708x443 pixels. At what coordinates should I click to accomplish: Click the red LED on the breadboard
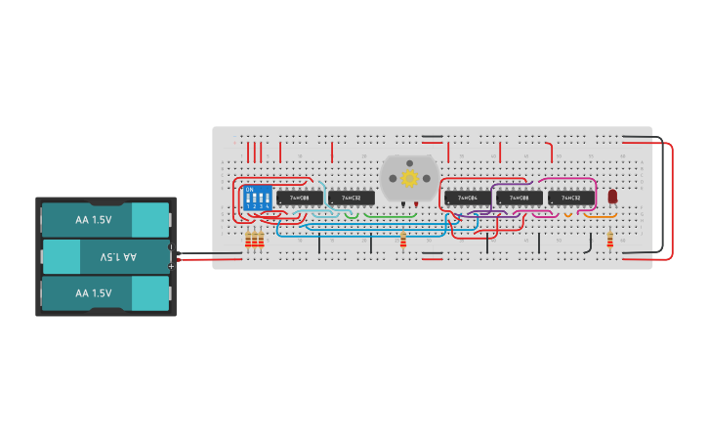pos(613,197)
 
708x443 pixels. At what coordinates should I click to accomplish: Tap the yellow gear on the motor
pos(409,178)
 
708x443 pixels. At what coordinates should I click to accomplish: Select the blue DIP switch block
pos(258,198)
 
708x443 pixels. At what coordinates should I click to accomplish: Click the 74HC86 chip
pos(468,198)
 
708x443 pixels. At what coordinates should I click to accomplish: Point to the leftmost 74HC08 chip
pos(299,198)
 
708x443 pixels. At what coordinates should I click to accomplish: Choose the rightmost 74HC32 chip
pos(571,198)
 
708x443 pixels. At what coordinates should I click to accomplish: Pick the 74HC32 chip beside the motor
pos(352,198)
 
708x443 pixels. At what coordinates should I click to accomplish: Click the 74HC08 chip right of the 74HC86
pos(520,198)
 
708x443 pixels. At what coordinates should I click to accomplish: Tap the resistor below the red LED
pos(610,240)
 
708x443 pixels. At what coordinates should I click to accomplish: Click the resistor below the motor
pos(403,240)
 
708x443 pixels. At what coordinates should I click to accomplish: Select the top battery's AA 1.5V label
pos(94,220)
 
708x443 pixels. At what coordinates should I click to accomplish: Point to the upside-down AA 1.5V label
pos(118,256)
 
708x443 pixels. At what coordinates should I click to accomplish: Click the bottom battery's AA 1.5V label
pos(94,293)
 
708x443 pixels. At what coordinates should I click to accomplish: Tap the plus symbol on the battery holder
pos(172,265)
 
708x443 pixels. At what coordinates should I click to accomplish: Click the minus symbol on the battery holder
pos(172,247)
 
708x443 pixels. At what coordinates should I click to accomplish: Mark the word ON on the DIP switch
pos(250,189)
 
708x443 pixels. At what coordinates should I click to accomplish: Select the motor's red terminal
pos(416,204)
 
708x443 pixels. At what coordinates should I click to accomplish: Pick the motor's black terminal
pos(402,204)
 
